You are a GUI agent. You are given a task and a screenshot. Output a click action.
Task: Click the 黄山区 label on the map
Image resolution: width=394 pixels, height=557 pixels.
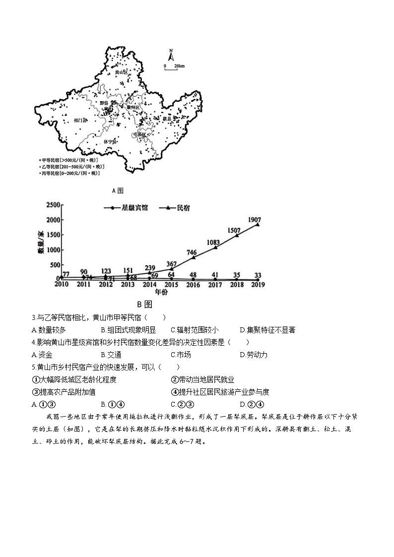pyautogui.click(x=121, y=72)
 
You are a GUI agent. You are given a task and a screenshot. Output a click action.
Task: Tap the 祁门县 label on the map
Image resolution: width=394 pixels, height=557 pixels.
pyautogui.click(x=79, y=120)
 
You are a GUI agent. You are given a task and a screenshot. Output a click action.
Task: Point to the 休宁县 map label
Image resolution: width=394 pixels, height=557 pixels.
pyautogui.click(x=110, y=141)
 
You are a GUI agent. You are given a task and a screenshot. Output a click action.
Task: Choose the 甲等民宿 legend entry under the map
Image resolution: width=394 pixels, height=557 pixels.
pyautogui.click(x=69, y=160)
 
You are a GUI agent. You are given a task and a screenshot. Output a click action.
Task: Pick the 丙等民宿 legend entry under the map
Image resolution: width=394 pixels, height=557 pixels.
pyautogui.click(x=70, y=173)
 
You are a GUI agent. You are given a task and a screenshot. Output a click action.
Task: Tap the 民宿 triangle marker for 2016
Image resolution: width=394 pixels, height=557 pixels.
pyautogui.click(x=193, y=258)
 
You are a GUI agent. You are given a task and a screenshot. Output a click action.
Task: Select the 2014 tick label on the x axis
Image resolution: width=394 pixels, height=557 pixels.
pyautogui.click(x=149, y=285)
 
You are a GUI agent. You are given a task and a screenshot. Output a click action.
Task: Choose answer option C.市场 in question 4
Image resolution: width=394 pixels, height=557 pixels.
pyautogui.click(x=180, y=355)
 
